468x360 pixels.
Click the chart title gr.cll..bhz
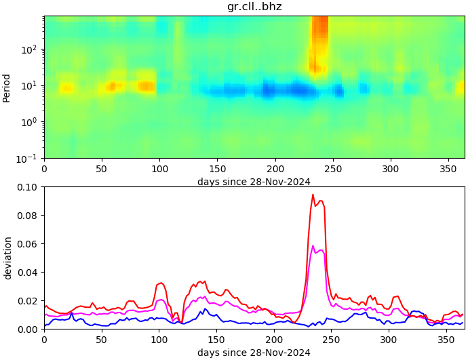pos(254,7)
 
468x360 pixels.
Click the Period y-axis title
pos(7,87)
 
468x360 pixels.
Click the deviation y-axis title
pos(7,258)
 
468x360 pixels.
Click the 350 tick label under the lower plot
pos(446,339)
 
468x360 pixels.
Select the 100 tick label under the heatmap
pos(159,168)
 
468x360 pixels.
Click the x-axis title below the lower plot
pos(254,353)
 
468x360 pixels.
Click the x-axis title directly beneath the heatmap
pos(254,182)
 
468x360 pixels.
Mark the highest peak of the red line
pos(313,195)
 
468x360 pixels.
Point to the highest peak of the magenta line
pos(313,245)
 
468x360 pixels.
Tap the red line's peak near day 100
pos(161,283)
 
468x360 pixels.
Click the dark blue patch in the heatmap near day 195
pos(269,89)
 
